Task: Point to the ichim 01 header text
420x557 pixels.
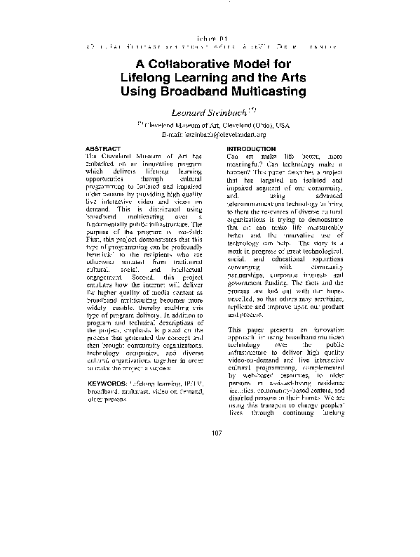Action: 210,32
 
